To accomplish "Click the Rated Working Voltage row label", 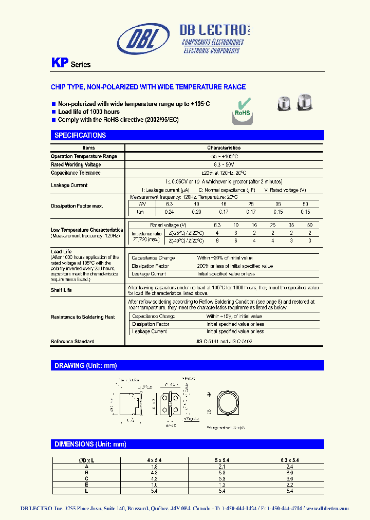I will [76, 164].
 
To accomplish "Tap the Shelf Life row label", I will [61, 290].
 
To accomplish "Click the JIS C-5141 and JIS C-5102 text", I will [224, 341].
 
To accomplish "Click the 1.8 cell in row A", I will [154, 467].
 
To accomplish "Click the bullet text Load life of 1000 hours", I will [88, 112].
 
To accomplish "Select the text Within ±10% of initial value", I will [234, 317].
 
